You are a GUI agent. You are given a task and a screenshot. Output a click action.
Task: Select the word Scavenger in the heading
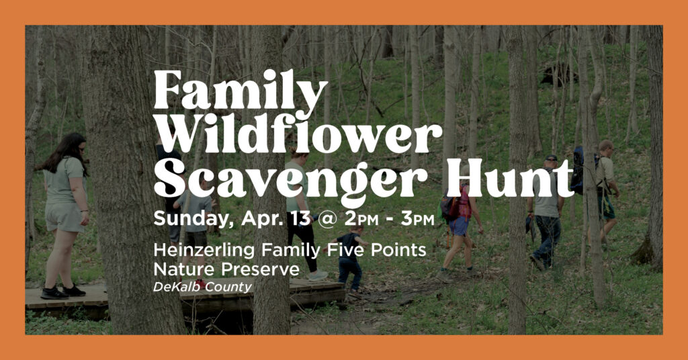(290, 180)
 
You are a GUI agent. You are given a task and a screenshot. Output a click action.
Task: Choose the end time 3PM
(417, 219)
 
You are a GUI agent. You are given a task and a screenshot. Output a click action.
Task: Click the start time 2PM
(361, 219)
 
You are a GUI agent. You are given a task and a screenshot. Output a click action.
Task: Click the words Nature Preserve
(226, 269)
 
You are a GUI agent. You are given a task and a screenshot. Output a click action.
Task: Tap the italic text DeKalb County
(203, 287)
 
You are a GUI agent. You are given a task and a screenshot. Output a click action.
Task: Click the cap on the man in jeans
(551, 159)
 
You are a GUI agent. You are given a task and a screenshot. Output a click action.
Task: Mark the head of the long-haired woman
(71, 146)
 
